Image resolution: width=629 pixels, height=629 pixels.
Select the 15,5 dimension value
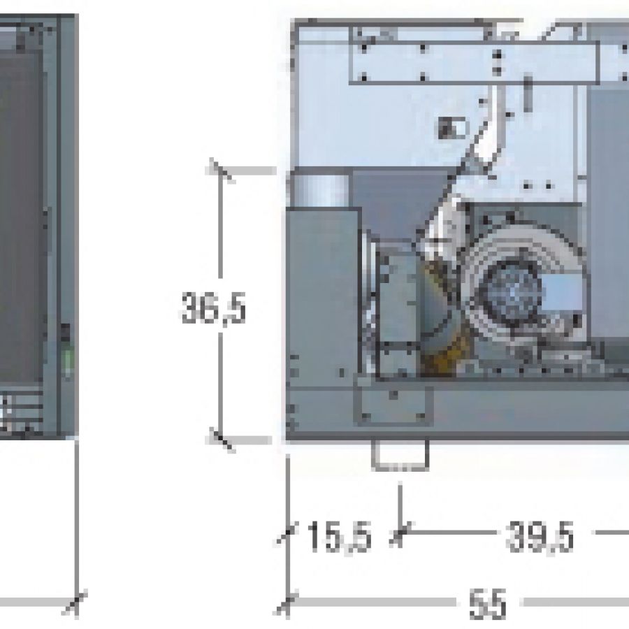coord(339,537)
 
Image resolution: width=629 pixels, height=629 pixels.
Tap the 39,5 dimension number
coord(540,537)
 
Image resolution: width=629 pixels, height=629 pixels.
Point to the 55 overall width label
coord(488,603)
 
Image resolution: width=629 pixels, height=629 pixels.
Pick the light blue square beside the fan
coord(562,292)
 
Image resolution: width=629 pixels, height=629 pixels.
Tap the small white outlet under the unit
coord(400,455)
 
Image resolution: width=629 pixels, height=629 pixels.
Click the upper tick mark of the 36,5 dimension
coord(221,171)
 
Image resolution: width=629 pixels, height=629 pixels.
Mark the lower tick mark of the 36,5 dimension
coord(221,440)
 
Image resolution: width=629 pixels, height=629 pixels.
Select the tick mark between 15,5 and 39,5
coord(400,533)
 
